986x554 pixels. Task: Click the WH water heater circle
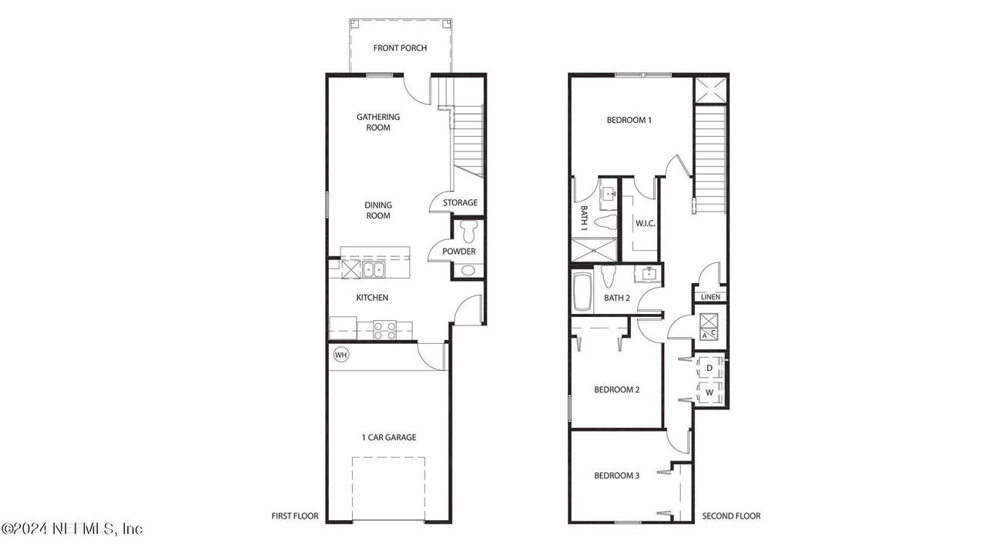pos(341,355)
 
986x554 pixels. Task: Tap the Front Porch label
pos(400,48)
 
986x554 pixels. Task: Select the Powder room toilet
pos(468,231)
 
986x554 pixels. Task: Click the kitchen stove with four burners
pos(384,330)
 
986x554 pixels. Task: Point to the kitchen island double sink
pos(374,269)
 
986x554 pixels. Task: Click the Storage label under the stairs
pos(460,202)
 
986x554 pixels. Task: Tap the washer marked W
pos(709,392)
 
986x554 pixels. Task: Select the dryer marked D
pos(709,368)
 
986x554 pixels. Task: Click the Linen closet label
pos(710,297)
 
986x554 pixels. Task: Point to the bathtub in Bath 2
pos(582,292)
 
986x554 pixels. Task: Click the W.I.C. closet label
pos(645,223)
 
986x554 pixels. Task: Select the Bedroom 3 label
pos(617,476)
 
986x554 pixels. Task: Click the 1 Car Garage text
pos(389,437)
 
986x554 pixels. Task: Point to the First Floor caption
pos(294,516)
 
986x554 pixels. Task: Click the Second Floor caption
pos(731,516)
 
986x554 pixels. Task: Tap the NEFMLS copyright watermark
pos(72,528)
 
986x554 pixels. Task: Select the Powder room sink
pos(468,270)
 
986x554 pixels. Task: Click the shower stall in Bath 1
pos(594,250)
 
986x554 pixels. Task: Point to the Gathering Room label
pos(378,122)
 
